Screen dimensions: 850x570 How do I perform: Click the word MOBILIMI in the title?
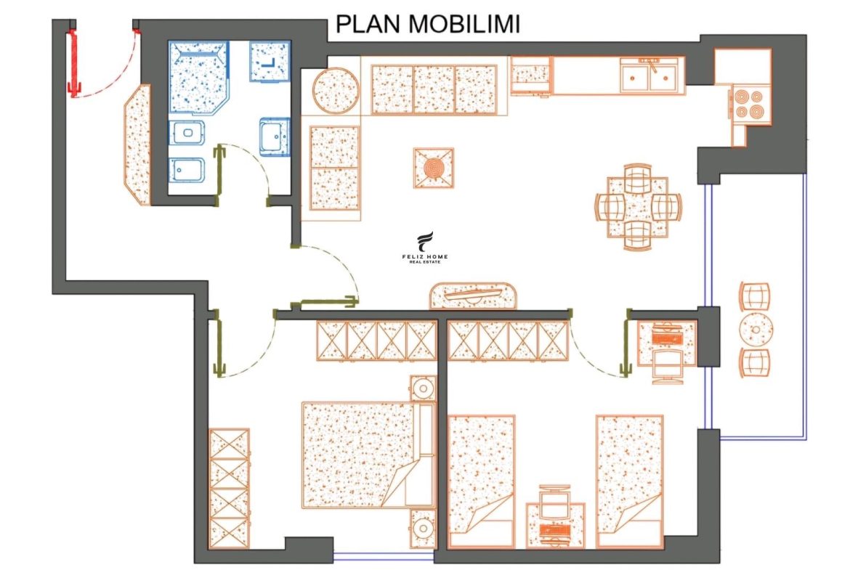(x=464, y=24)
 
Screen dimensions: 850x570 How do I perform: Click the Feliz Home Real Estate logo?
(x=425, y=248)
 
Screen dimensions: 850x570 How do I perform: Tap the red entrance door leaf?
(x=73, y=63)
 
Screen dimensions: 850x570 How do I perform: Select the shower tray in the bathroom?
(x=198, y=76)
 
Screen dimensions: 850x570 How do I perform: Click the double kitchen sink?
(x=649, y=76)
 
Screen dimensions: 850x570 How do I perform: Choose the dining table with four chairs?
(x=638, y=207)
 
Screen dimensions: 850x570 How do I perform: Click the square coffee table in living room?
(x=434, y=168)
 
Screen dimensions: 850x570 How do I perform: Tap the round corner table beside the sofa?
(x=336, y=91)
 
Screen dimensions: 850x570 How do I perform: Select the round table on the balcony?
(x=756, y=328)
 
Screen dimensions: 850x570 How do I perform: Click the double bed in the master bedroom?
(x=368, y=455)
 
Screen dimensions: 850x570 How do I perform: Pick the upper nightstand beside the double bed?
(x=423, y=388)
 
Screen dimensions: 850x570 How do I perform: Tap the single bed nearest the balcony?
(x=629, y=481)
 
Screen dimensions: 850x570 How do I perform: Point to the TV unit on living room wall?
(x=473, y=296)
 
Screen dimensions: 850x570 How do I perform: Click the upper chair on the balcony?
(x=755, y=296)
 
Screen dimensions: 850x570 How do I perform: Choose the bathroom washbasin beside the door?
(x=275, y=137)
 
